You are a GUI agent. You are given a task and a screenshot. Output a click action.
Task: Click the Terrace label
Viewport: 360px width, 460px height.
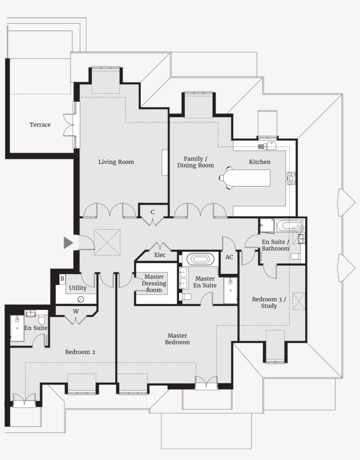(x=40, y=125)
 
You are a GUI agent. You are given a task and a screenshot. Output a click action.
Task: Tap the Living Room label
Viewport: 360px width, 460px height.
(x=116, y=162)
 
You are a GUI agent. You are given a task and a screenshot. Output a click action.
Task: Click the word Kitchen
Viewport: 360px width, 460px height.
(x=259, y=162)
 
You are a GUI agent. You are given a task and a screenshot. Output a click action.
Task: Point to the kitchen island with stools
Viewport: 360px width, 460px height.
(x=246, y=178)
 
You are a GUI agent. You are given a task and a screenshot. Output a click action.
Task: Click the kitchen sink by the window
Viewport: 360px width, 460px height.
(x=266, y=145)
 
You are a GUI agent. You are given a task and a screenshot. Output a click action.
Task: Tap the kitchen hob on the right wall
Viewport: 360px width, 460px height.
(x=291, y=178)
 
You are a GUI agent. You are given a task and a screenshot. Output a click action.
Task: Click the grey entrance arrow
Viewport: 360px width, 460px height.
(x=68, y=243)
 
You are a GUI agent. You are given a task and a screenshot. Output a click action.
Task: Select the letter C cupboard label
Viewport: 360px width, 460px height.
(x=153, y=212)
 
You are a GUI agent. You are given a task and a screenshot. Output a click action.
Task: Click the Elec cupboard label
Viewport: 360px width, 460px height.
(x=160, y=255)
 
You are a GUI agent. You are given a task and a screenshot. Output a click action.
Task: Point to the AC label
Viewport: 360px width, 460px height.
(x=229, y=257)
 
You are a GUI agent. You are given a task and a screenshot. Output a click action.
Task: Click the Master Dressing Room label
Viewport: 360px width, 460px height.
(x=154, y=283)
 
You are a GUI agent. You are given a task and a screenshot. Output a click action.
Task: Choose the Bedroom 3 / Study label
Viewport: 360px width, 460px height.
(x=269, y=302)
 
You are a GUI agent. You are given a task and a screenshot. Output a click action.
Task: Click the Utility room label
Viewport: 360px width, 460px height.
(x=78, y=288)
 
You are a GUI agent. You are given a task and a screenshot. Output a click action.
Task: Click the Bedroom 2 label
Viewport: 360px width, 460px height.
(x=80, y=352)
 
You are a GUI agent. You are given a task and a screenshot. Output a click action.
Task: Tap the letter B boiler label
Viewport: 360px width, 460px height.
(x=62, y=279)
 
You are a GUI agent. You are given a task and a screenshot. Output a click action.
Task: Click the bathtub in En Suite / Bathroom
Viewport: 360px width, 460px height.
(x=292, y=226)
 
